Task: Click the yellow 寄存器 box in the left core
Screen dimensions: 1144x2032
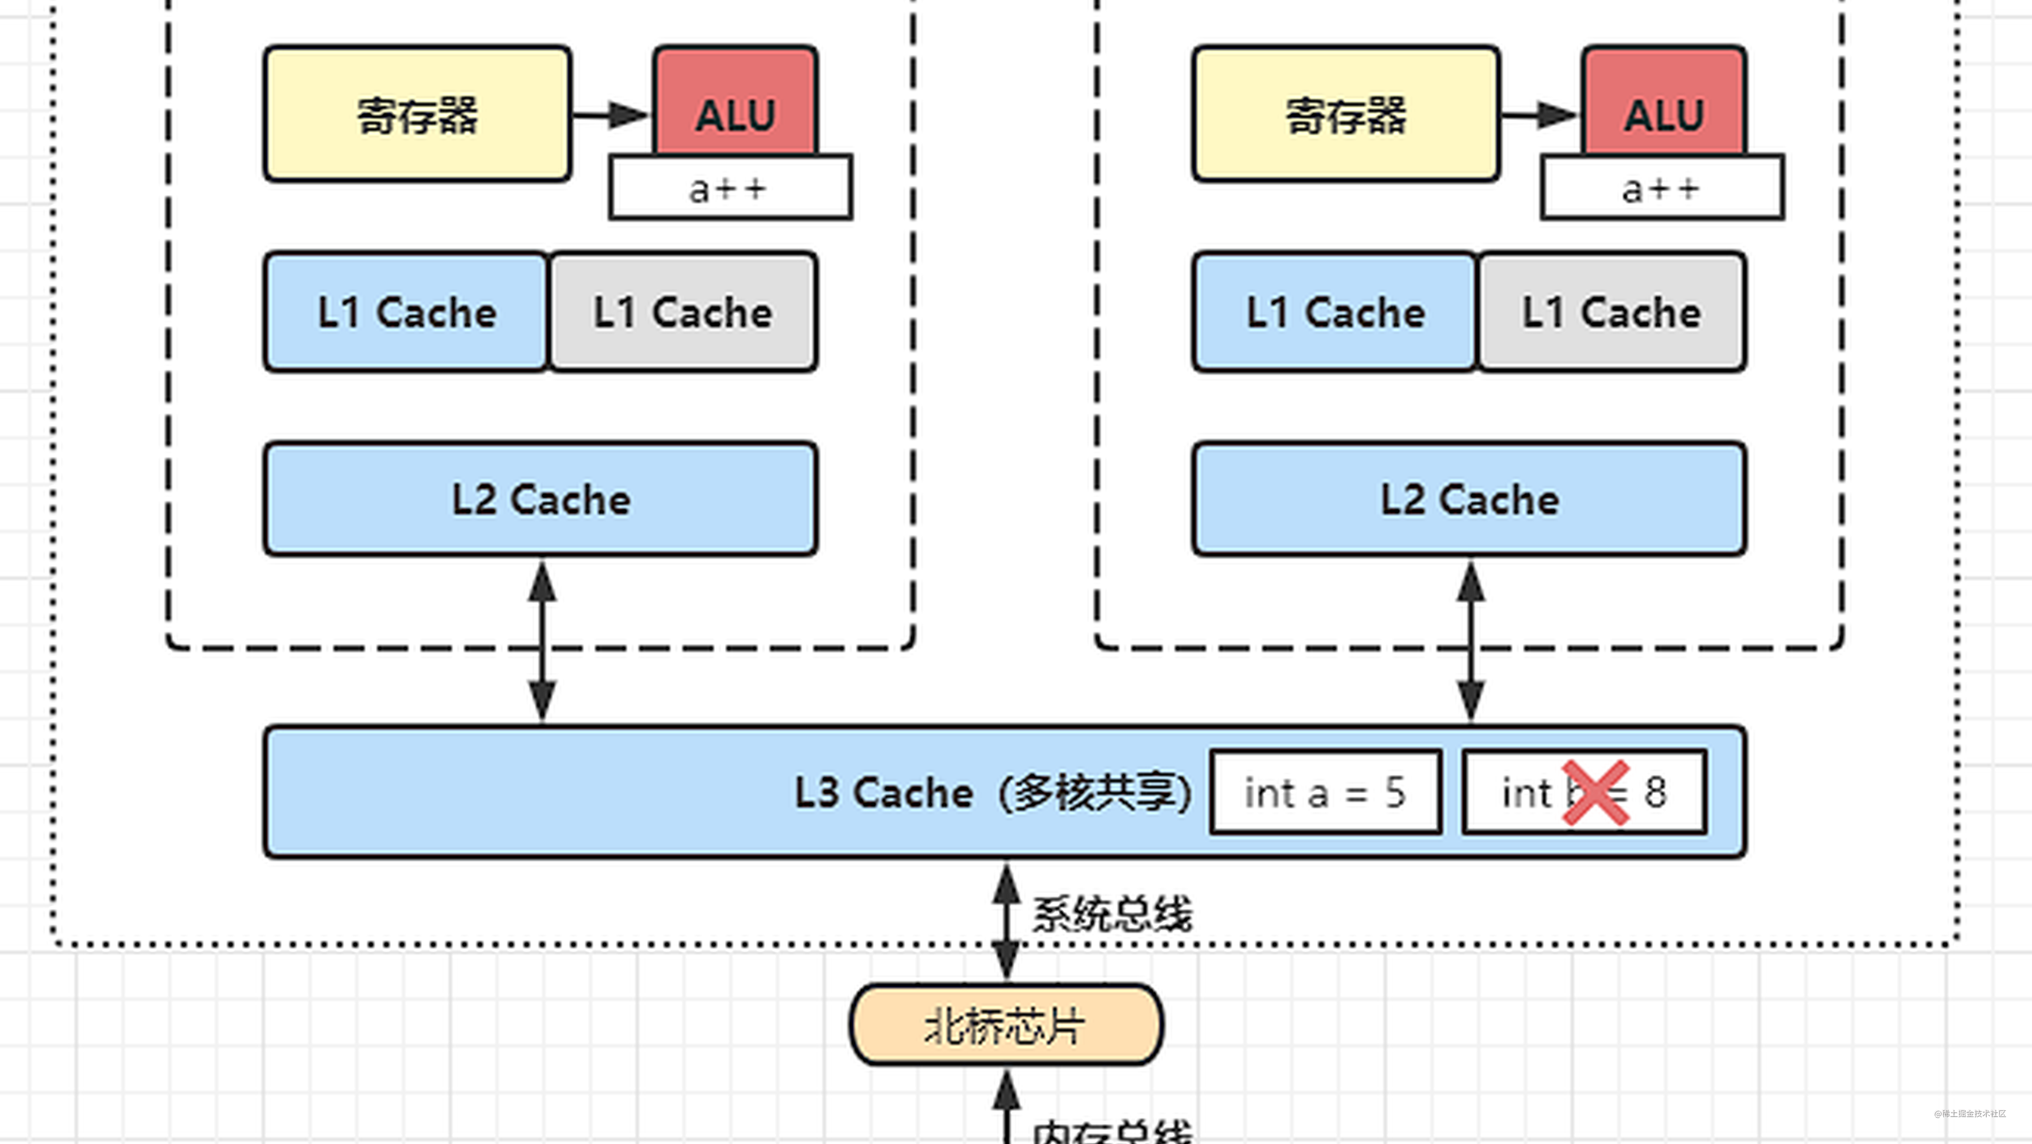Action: (x=418, y=114)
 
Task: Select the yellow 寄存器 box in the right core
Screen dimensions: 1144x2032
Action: (x=1346, y=114)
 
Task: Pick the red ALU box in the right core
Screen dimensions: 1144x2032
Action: (x=1664, y=99)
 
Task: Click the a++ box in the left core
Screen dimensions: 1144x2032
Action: (x=730, y=188)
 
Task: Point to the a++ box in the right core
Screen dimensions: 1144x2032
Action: (x=1661, y=188)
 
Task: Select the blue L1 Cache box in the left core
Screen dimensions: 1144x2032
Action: (x=406, y=311)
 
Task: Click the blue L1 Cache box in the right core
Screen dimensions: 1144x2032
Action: (x=1335, y=311)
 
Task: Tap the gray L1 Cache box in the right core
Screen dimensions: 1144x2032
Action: (x=1611, y=311)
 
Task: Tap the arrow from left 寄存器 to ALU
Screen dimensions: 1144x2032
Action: (x=609, y=115)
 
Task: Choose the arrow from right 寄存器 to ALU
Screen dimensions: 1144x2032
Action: (x=1538, y=115)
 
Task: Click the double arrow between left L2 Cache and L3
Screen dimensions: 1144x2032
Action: (x=542, y=641)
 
